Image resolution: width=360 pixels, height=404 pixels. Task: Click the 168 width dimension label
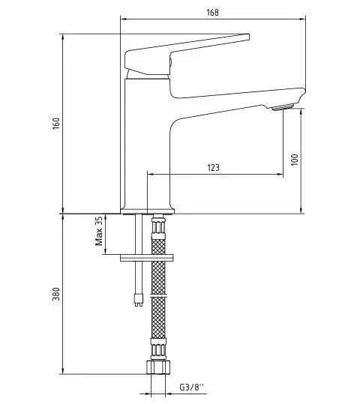click(x=213, y=11)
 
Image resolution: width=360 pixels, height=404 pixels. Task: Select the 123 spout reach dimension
click(x=213, y=168)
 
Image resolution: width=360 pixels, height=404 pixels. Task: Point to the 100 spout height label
click(x=295, y=160)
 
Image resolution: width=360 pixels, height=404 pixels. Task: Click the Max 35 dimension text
click(x=98, y=232)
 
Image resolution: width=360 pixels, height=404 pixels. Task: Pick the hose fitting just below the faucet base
click(x=157, y=223)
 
